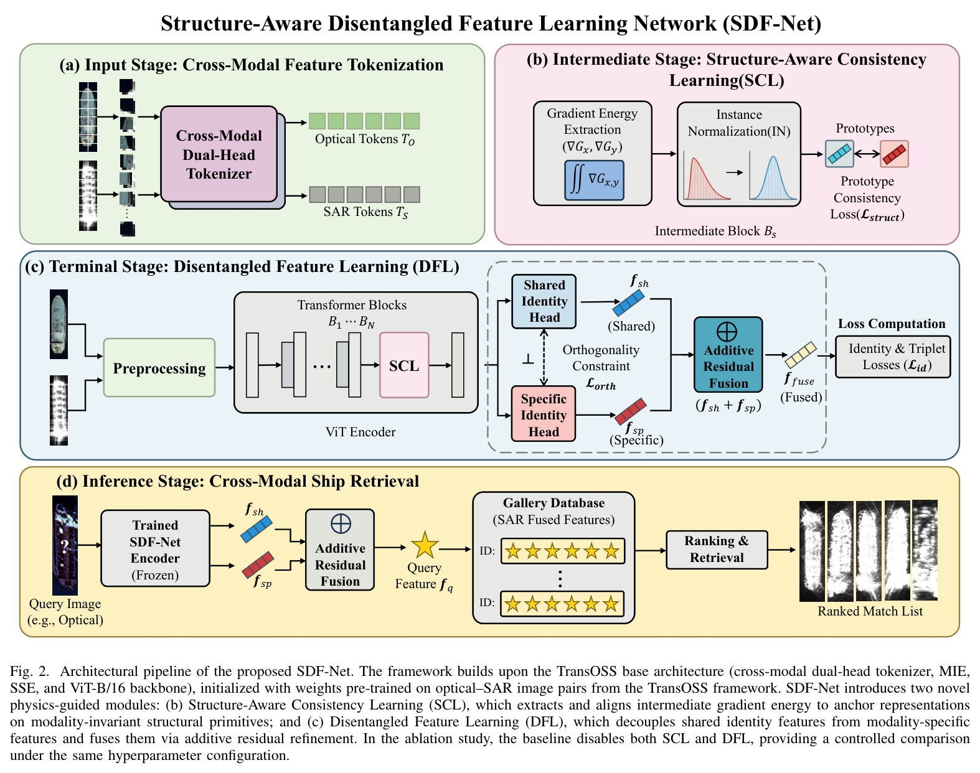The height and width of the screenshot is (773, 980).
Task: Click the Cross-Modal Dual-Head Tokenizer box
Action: tap(219, 154)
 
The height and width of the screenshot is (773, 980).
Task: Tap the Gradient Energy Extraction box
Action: tap(593, 153)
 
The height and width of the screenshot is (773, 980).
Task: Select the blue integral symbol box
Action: tap(594, 180)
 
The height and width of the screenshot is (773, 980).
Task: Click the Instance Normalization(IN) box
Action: tap(738, 154)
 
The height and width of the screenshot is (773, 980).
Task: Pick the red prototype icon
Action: tap(894, 154)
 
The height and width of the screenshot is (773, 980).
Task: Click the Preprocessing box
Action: tap(159, 368)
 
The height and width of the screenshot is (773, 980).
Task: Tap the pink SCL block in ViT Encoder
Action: tap(404, 365)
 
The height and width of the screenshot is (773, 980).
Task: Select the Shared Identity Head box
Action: tap(544, 301)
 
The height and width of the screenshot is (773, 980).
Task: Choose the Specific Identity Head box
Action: tap(544, 414)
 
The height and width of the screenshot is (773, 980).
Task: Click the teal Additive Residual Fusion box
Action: tap(728, 355)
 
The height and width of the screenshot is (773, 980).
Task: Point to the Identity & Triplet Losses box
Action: tap(893, 357)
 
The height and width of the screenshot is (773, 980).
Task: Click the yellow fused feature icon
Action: tap(800, 355)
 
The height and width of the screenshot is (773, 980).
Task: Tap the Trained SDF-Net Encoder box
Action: tap(155, 548)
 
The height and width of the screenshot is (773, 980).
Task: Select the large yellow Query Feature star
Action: tap(425, 545)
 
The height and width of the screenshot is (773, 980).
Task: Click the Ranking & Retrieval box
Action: tap(717, 550)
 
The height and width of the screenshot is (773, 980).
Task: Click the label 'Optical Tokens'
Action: tap(356, 139)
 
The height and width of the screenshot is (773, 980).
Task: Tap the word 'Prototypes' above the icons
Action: tap(865, 128)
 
